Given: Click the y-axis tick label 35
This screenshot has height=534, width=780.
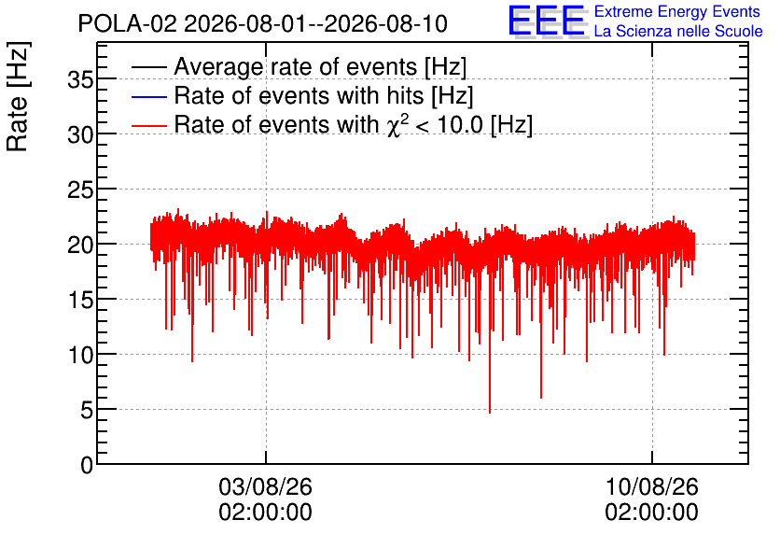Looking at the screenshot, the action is pyautogui.click(x=80, y=79).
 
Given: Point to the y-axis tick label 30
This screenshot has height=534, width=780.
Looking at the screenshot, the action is pyautogui.click(x=80, y=134).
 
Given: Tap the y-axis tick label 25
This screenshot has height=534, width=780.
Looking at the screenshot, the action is pyautogui.click(x=80, y=190).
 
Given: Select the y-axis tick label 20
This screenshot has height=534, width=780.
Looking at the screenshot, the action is pyautogui.click(x=80, y=245).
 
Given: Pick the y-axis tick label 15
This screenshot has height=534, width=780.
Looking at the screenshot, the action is pyautogui.click(x=80, y=300).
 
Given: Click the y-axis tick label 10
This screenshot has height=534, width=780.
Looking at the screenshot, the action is pyautogui.click(x=80, y=356).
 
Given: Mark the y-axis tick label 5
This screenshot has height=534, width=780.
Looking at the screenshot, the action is pyautogui.click(x=87, y=411).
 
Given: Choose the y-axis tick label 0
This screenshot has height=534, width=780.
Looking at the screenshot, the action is pyautogui.click(x=87, y=465).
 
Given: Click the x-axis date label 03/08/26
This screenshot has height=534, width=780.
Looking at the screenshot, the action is pyautogui.click(x=266, y=486).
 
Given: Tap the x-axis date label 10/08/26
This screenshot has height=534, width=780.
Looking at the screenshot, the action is pyautogui.click(x=651, y=486).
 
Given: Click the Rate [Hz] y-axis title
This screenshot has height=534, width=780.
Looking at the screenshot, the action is pyautogui.click(x=18, y=96).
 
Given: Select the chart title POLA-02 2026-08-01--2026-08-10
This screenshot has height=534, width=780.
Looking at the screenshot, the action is pyautogui.click(x=263, y=23).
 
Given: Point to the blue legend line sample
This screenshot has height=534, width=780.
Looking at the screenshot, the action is pyautogui.click(x=149, y=96).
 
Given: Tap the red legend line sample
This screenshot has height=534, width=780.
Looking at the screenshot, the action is pyautogui.click(x=149, y=125).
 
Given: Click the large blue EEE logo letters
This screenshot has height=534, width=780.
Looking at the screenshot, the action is pyautogui.click(x=547, y=21).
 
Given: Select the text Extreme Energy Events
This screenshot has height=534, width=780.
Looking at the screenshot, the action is pyautogui.click(x=677, y=11).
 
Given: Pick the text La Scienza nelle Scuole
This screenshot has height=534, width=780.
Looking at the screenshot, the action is pyautogui.click(x=678, y=31).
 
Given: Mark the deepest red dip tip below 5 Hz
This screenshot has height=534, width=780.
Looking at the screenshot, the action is pyautogui.click(x=490, y=413).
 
